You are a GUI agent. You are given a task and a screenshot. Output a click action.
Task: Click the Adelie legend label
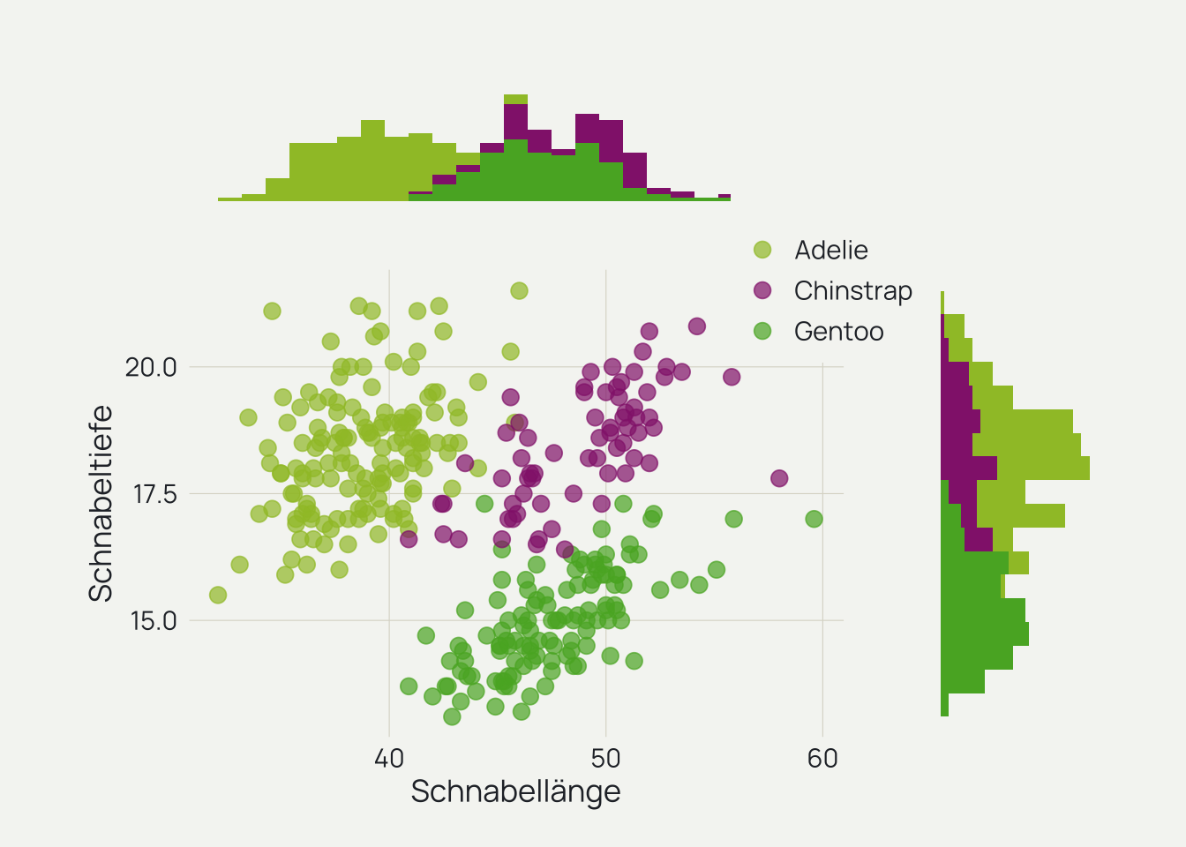point(830,251)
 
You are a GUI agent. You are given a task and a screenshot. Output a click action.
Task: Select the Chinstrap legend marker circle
point(762,290)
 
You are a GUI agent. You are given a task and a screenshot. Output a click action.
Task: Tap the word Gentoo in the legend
point(838,332)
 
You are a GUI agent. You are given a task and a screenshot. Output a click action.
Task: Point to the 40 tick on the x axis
point(389,759)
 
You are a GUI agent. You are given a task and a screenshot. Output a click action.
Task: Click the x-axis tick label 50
point(605,759)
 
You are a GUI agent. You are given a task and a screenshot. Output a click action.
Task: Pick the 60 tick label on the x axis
point(822,759)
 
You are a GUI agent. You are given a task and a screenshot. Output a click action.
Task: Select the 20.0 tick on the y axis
point(151,367)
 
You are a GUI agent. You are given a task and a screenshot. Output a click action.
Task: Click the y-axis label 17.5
point(154,494)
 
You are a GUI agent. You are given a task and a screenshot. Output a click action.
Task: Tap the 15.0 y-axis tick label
point(154,621)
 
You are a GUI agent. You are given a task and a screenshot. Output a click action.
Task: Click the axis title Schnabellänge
point(515,791)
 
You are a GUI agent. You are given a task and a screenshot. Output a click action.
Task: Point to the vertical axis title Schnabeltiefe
point(101,503)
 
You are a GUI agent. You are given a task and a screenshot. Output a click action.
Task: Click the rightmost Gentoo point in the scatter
point(814,519)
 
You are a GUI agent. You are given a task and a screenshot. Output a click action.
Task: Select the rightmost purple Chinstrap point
point(779,478)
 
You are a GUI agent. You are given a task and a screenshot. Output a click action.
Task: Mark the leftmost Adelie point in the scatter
point(218,596)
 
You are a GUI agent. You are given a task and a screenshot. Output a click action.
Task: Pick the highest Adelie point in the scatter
point(519,291)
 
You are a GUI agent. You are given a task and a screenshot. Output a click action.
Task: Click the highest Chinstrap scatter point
point(697,326)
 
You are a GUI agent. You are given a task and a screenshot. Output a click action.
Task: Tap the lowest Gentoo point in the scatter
point(452,716)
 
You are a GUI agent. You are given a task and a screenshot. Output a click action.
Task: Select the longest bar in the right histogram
point(1015,468)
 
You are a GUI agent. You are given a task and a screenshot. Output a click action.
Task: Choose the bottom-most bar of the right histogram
point(944,705)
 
